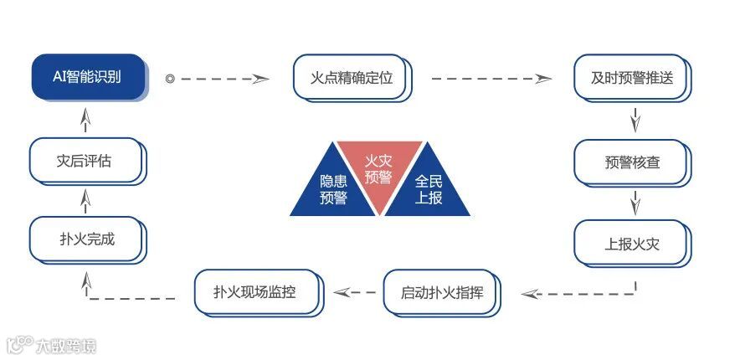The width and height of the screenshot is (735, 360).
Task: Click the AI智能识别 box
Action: (x=89, y=78)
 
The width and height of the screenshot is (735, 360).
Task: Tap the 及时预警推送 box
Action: (x=632, y=80)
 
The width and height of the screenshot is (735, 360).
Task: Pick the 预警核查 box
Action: (x=632, y=162)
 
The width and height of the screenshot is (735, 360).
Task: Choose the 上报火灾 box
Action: (x=632, y=244)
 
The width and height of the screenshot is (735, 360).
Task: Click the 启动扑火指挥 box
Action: (x=442, y=293)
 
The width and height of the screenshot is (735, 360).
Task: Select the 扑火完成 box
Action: (x=86, y=239)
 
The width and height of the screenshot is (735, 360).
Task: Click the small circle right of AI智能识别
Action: (x=170, y=79)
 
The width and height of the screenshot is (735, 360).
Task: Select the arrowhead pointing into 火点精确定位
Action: (x=261, y=79)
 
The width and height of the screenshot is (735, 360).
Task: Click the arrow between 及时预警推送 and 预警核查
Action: (x=634, y=120)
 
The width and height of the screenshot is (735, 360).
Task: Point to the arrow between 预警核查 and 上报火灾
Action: (x=634, y=202)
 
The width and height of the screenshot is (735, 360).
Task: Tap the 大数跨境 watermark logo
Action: (x=52, y=345)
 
